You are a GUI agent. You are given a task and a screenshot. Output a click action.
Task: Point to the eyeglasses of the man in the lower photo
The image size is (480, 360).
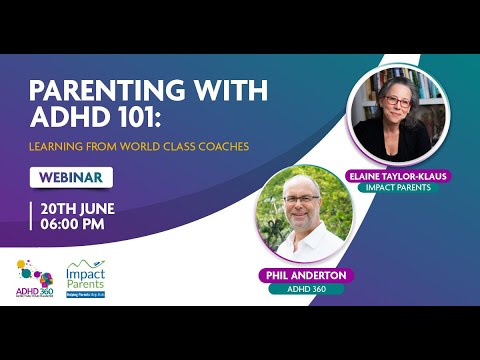tap(299, 200)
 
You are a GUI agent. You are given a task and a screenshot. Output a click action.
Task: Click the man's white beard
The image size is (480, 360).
tap(300, 219)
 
